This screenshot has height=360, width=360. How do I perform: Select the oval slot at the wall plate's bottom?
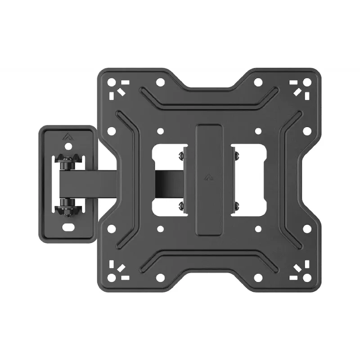[x=69, y=226]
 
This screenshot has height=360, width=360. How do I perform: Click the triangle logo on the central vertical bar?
[x=209, y=177]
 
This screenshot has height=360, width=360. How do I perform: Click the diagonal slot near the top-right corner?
[x=297, y=92]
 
